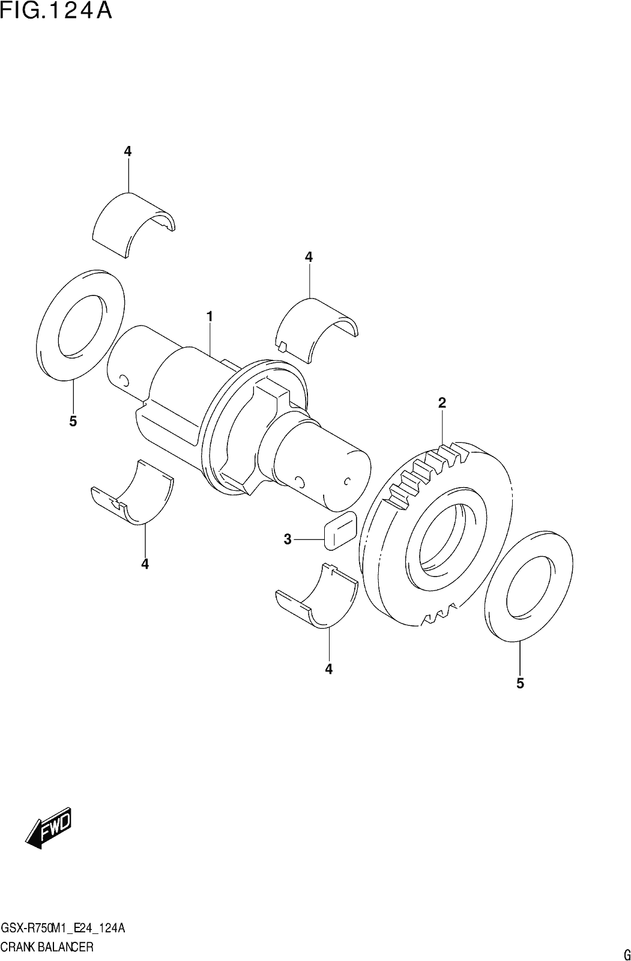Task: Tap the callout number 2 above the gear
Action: pyautogui.click(x=442, y=402)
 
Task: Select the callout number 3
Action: pyautogui.click(x=288, y=539)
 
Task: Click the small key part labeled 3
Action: pyautogui.click(x=340, y=530)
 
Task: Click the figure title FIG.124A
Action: pyautogui.click(x=56, y=11)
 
